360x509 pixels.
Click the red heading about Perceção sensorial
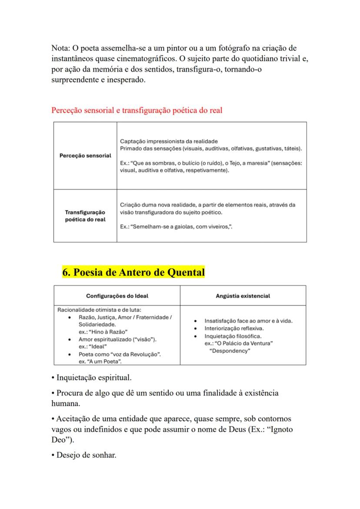tap(137, 110)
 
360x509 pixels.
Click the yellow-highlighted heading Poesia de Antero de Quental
tap(133, 273)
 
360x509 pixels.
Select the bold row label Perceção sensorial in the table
tap(85, 156)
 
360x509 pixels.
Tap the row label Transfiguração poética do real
tap(85, 216)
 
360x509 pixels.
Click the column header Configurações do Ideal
tap(117, 296)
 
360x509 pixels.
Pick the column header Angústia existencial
tap(243, 296)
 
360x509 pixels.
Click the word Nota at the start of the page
tap(60, 48)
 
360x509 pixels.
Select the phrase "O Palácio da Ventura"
tap(242, 343)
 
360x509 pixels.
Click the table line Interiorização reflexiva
tap(234, 329)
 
